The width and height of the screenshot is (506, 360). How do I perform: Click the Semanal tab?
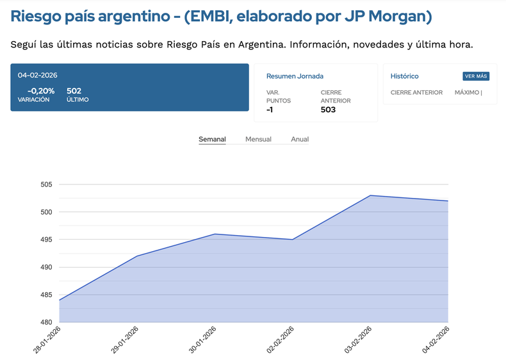coord(212,139)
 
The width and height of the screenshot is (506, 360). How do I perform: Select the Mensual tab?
coord(258,139)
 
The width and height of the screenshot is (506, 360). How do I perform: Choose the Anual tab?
coord(300,139)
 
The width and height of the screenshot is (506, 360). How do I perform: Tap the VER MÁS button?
coord(476,76)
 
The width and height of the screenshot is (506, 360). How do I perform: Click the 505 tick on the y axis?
coord(46,184)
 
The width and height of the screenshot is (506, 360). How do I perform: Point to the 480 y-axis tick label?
coord(46,322)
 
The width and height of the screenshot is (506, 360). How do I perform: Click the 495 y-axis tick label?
coord(46,240)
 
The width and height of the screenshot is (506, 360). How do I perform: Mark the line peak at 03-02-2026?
coord(370,195)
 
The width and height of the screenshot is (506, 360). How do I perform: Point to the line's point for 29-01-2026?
coord(137,256)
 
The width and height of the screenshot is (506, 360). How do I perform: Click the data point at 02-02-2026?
coord(293,240)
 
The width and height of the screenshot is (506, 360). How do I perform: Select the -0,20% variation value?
coord(41,91)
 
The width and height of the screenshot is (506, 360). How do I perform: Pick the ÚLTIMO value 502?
coord(74,91)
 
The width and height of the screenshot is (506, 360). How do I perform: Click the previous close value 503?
coord(328,110)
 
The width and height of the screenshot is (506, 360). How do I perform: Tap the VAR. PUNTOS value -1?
coord(270,110)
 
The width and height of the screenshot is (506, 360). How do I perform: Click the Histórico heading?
coord(404,76)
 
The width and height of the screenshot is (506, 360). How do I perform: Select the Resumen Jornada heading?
coord(295,76)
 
